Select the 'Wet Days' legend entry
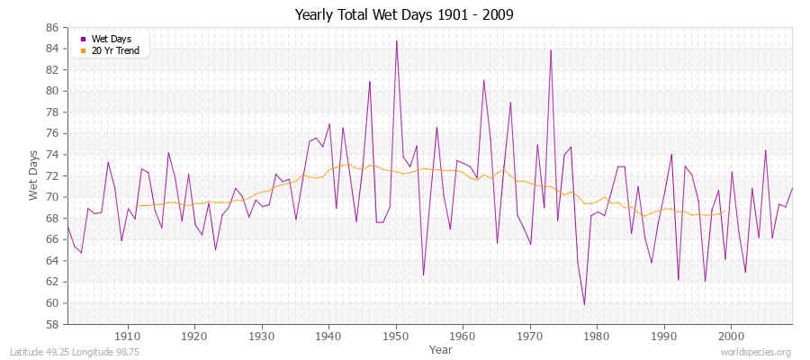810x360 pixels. click(x=109, y=39)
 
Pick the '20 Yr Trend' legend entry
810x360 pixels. click(x=114, y=50)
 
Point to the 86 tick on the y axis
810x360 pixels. click(x=53, y=27)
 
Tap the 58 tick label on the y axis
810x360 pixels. click(x=53, y=324)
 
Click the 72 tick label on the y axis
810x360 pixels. click(x=53, y=175)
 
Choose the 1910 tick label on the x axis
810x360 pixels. click(x=128, y=336)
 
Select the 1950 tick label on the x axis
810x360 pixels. click(x=396, y=336)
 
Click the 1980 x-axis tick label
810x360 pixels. click(x=598, y=336)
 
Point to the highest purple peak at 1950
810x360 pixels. click(x=396, y=40)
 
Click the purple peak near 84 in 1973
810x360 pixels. click(x=551, y=49)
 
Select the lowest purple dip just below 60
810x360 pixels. click(x=584, y=304)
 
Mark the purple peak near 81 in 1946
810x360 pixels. click(x=369, y=82)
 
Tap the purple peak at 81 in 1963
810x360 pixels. click(x=483, y=80)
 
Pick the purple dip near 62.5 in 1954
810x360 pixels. click(x=423, y=275)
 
